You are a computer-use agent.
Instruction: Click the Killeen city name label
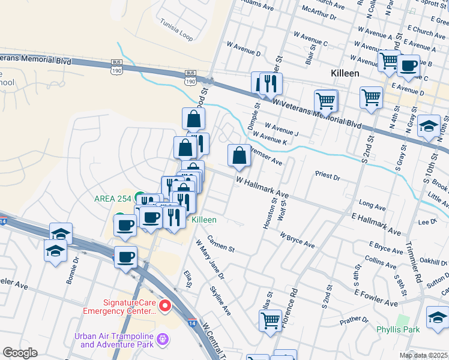point(345,73)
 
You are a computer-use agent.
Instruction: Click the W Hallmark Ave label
point(262,187)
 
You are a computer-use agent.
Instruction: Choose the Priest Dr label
point(328,178)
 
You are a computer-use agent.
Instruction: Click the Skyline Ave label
point(220,301)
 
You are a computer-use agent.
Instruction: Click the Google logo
point(19,353)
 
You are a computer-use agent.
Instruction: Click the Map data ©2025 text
point(423,355)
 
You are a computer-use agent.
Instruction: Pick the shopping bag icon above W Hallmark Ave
point(239,156)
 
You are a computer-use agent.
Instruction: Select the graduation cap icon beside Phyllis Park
point(437,317)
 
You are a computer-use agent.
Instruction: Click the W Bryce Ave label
point(297,241)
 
